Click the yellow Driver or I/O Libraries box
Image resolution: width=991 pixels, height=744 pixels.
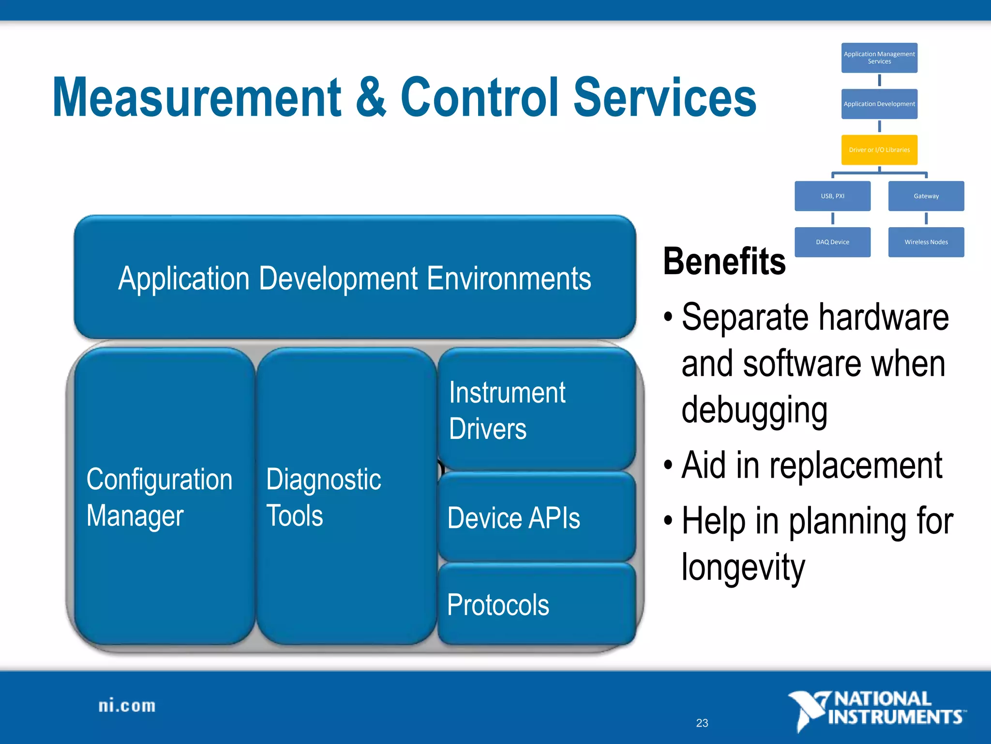click(x=879, y=150)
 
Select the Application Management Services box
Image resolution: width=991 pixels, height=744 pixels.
click(x=879, y=58)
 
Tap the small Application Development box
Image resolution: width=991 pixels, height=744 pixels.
click(x=879, y=104)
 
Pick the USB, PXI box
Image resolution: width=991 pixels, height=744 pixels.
click(x=832, y=196)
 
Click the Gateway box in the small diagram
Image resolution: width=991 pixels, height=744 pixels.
click(x=926, y=196)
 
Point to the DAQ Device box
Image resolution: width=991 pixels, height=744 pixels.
click(x=832, y=242)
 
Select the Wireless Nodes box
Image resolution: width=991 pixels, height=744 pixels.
click(x=926, y=242)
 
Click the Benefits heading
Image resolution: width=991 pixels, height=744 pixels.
click(x=724, y=262)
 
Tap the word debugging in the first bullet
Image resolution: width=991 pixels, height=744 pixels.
click(x=754, y=410)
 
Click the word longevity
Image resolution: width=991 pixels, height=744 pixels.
click(x=743, y=567)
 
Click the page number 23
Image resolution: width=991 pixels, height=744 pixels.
click(x=702, y=723)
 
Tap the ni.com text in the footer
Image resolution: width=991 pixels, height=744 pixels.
click(x=127, y=706)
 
